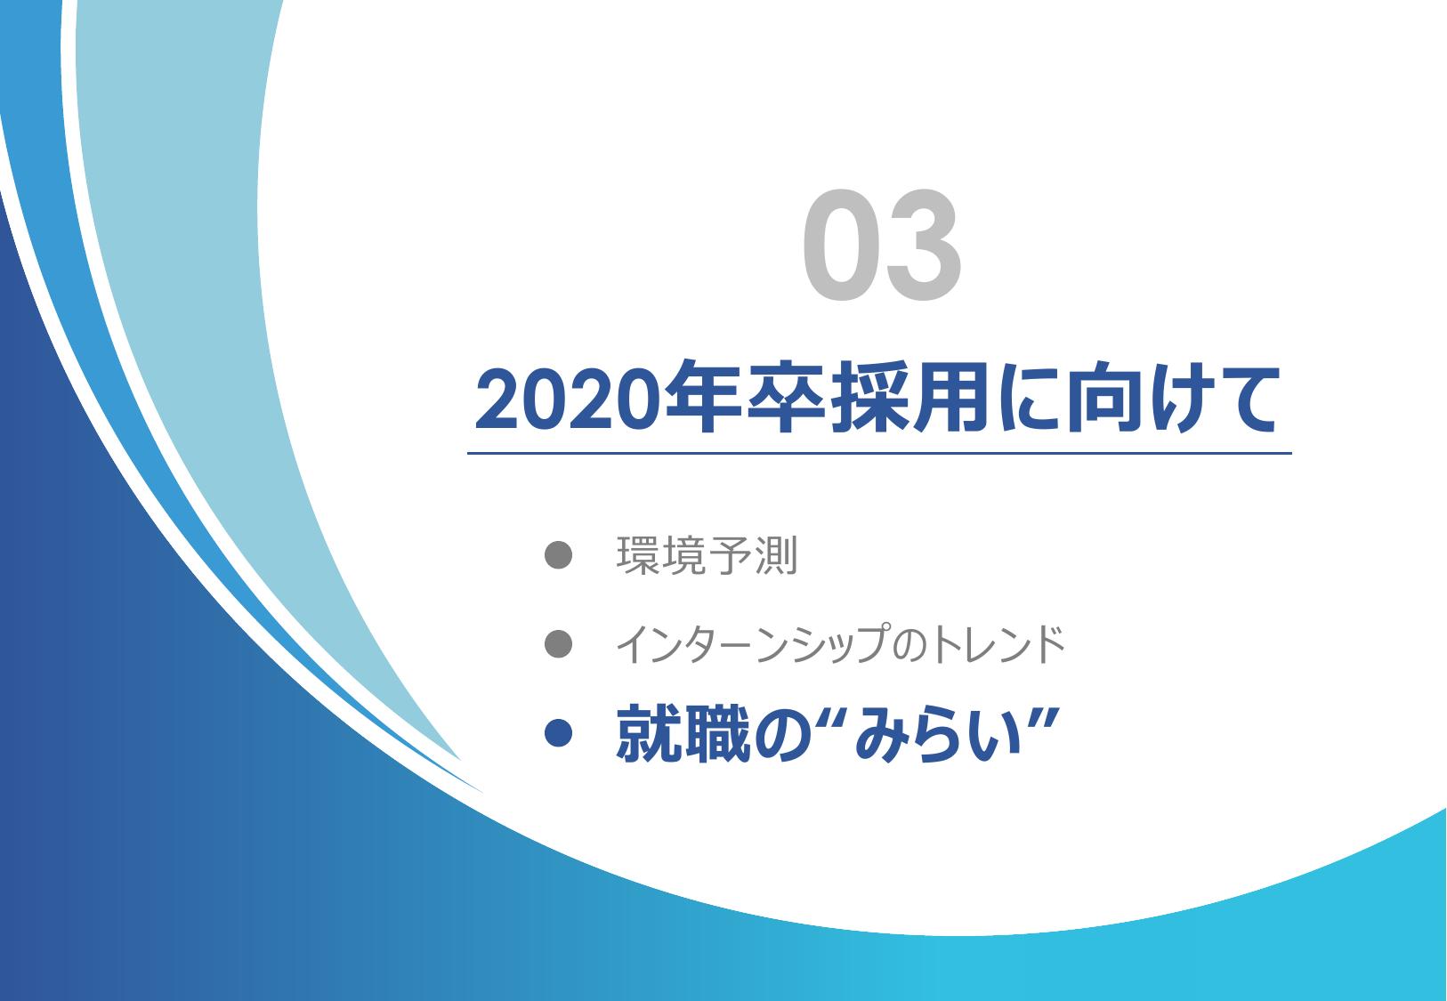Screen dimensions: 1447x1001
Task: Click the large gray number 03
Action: [x=882, y=245]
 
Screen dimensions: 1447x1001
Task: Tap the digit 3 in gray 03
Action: [x=923, y=245]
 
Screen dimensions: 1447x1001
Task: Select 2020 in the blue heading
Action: [x=568, y=400]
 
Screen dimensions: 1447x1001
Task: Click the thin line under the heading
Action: [x=879, y=454]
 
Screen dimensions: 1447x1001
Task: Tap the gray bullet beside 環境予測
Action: [x=558, y=554]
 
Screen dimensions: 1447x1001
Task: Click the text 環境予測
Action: [x=707, y=555]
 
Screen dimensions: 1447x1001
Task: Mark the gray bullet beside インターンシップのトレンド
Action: [x=558, y=644]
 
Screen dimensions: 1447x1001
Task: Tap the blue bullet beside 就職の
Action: [x=558, y=733]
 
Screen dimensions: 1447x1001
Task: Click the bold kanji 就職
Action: [x=683, y=734]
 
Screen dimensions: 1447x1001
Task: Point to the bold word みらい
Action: [x=938, y=735]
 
